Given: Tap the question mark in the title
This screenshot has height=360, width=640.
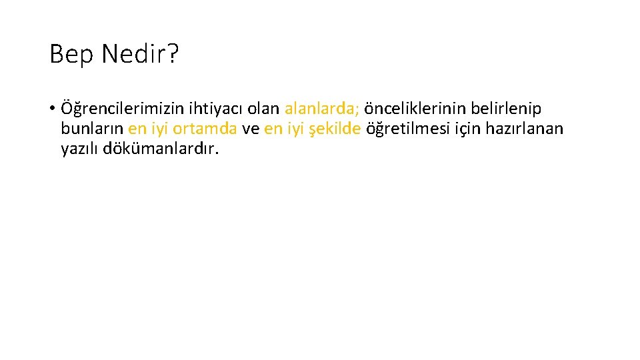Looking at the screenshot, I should (174, 54).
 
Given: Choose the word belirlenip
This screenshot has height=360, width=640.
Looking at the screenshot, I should (509, 108).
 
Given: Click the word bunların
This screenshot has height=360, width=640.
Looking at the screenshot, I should (92, 129).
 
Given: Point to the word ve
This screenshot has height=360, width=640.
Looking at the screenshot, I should (251, 129).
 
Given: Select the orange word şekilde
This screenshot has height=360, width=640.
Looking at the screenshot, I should (336, 129).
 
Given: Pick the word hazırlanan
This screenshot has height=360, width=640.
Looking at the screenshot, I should (528, 129).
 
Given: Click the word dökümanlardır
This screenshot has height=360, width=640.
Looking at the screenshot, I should (161, 149).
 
